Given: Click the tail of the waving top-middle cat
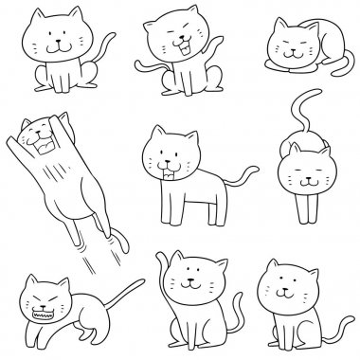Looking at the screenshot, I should pos(147,68).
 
